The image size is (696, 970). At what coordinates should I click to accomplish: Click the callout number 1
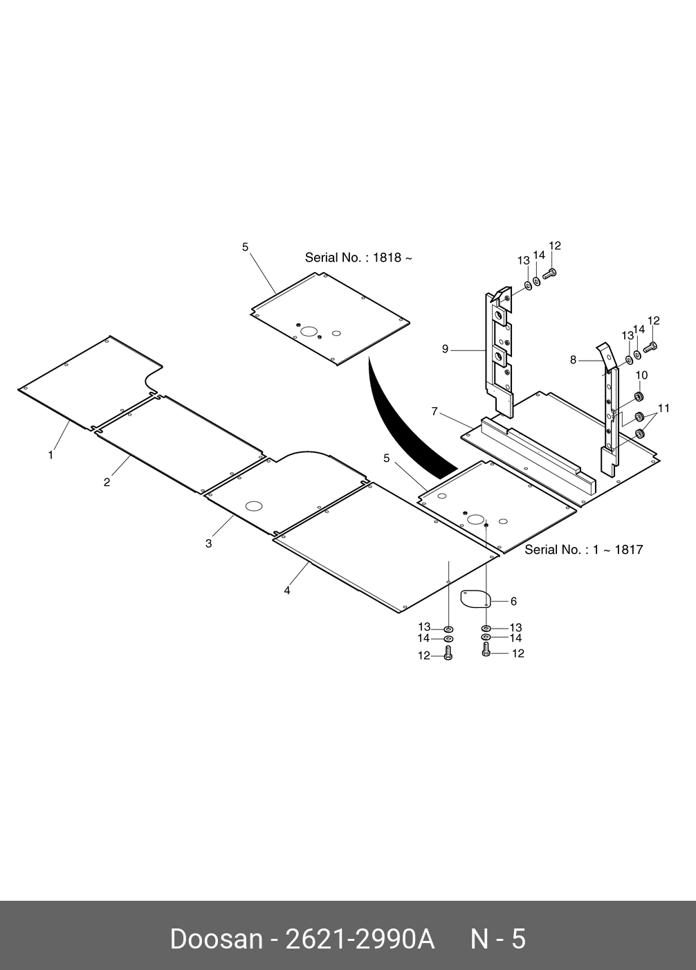tap(51, 455)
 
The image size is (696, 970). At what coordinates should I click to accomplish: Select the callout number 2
tap(107, 482)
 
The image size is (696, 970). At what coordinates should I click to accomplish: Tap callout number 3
tap(208, 544)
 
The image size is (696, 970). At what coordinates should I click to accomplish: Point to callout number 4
tap(286, 591)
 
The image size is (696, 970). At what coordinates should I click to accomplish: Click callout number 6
tap(513, 602)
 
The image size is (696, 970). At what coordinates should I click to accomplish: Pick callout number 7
tap(434, 411)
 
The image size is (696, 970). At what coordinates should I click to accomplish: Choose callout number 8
tap(573, 359)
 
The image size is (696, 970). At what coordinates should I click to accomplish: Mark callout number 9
tap(446, 349)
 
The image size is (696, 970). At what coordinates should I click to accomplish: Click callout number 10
tap(641, 375)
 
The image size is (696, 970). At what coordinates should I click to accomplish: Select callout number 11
tap(664, 408)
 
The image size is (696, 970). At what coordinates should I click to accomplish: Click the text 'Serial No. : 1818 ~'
tap(358, 258)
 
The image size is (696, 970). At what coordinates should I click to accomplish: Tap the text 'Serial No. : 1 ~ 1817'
tap(583, 550)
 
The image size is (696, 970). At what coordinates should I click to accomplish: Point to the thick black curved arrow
tap(408, 422)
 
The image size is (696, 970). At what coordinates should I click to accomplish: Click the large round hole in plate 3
tap(255, 505)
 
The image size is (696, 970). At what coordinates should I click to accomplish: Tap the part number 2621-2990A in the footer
tap(360, 940)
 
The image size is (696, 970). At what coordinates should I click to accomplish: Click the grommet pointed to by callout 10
tap(639, 397)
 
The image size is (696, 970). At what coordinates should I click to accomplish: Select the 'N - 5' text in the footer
tap(498, 940)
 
